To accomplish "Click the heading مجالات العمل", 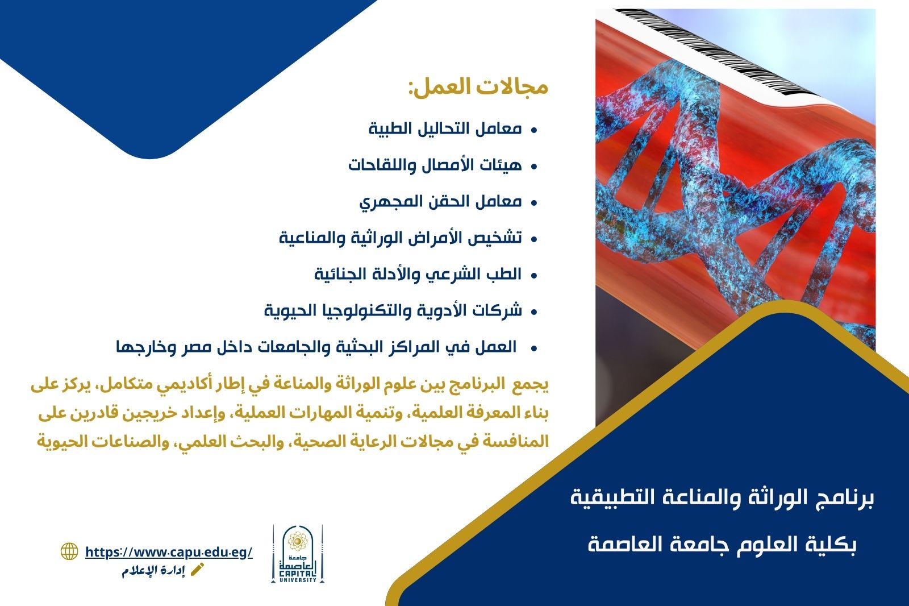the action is pos(478,87).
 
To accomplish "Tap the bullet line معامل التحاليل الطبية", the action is pos(445,128).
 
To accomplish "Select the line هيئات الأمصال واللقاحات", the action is pos(435,165).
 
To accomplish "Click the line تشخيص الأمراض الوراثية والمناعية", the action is pos(400,238).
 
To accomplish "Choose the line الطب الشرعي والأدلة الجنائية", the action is pos(418,275).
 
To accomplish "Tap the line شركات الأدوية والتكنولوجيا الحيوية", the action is pos(393,311).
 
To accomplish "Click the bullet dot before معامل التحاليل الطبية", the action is pos(533,130).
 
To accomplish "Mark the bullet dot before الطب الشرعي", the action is pos(533,275).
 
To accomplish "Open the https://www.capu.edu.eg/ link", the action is pos(169,552).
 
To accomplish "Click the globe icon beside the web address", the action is pos(69,551).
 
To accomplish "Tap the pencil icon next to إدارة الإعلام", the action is pos(197,570).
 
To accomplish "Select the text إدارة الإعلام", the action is pos(153,571).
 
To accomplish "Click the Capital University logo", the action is pos(298,554).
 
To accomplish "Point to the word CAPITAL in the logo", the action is pos(298,573).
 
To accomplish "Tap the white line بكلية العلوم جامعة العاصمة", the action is pos(722,544).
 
